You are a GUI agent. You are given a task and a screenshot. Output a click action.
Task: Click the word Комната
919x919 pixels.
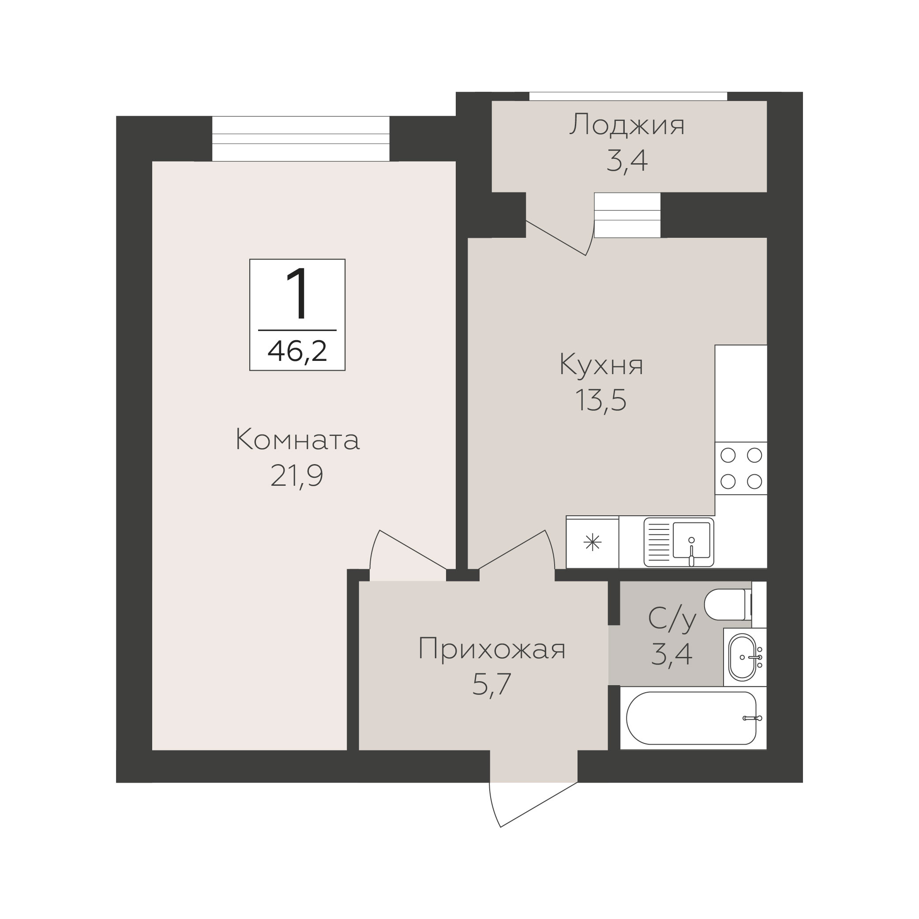point(298,440)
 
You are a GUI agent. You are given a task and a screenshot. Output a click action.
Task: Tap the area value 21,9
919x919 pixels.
point(297,476)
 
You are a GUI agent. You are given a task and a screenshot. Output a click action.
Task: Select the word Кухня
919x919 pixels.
point(601,365)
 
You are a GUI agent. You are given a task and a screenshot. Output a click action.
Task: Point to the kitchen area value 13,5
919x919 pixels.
point(601,400)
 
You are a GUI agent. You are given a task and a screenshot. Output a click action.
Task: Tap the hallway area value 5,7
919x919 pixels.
point(491,684)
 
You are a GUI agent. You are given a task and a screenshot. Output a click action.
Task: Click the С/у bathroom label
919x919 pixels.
point(672,619)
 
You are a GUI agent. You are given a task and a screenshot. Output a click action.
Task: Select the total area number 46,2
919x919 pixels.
point(297,351)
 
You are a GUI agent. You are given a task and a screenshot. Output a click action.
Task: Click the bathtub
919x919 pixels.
point(693,718)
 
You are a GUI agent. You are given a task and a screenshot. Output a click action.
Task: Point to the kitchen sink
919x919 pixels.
point(679,542)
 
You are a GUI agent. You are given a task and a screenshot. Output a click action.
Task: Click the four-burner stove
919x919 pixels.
point(741,469)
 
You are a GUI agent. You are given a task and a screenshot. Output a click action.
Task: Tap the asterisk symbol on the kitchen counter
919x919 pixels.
point(593,542)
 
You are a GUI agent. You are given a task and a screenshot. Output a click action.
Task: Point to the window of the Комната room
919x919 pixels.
point(300,139)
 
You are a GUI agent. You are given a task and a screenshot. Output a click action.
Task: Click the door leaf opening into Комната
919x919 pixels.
point(413,550)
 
